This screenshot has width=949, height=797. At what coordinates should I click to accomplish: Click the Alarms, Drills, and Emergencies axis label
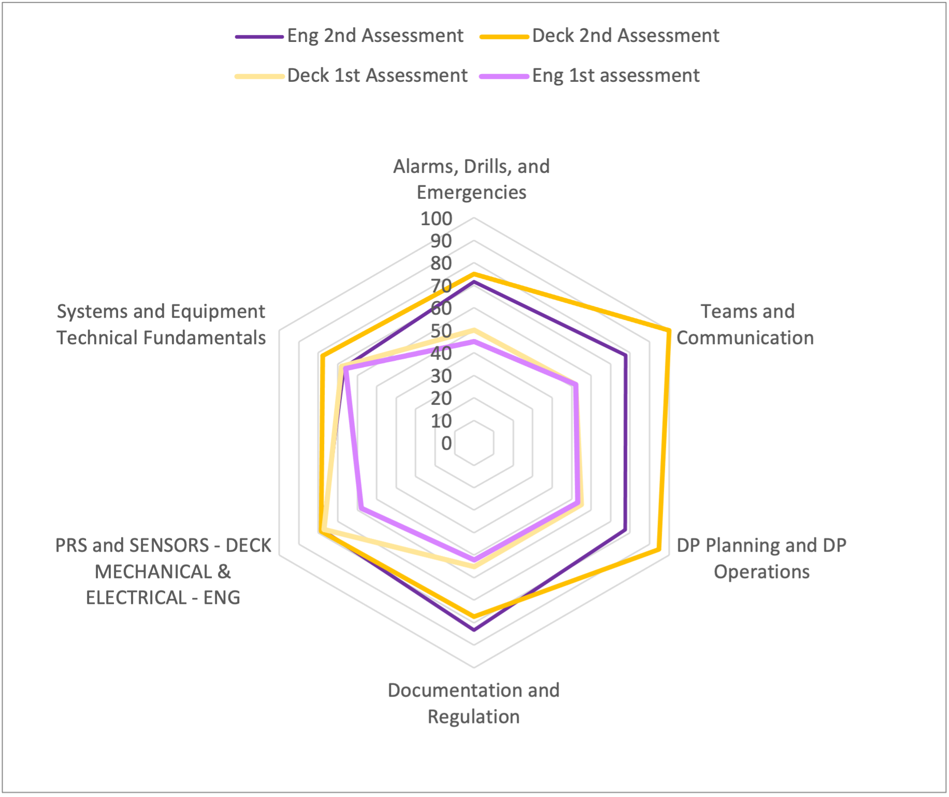[x=472, y=179]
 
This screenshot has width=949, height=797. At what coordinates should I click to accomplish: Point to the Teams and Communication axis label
[x=746, y=324]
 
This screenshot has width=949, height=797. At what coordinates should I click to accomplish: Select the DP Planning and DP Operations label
[x=761, y=558]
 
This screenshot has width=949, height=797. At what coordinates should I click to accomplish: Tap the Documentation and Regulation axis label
[x=474, y=703]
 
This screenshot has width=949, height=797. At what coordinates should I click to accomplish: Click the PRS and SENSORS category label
[x=163, y=571]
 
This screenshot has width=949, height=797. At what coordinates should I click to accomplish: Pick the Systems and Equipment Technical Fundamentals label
[x=161, y=324]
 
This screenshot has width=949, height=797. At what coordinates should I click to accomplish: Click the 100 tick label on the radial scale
[x=436, y=219]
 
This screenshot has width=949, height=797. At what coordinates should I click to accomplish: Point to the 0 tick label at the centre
[x=446, y=444]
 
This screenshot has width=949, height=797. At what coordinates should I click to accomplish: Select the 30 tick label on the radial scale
[x=441, y=376]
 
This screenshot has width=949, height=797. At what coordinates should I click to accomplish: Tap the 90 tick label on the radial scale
[x=441, y=241]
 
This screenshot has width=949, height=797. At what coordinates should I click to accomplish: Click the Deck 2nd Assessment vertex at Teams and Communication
[x=669, y=330]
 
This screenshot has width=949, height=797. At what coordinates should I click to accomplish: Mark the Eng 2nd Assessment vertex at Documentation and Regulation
[x=474, y=630]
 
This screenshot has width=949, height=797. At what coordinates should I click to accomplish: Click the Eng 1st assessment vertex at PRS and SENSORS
[x=361, y=508]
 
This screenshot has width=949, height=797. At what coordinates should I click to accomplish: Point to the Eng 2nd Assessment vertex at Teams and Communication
[x=625, y=356]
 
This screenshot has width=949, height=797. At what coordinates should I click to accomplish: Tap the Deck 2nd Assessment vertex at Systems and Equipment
[x=322, y=356]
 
